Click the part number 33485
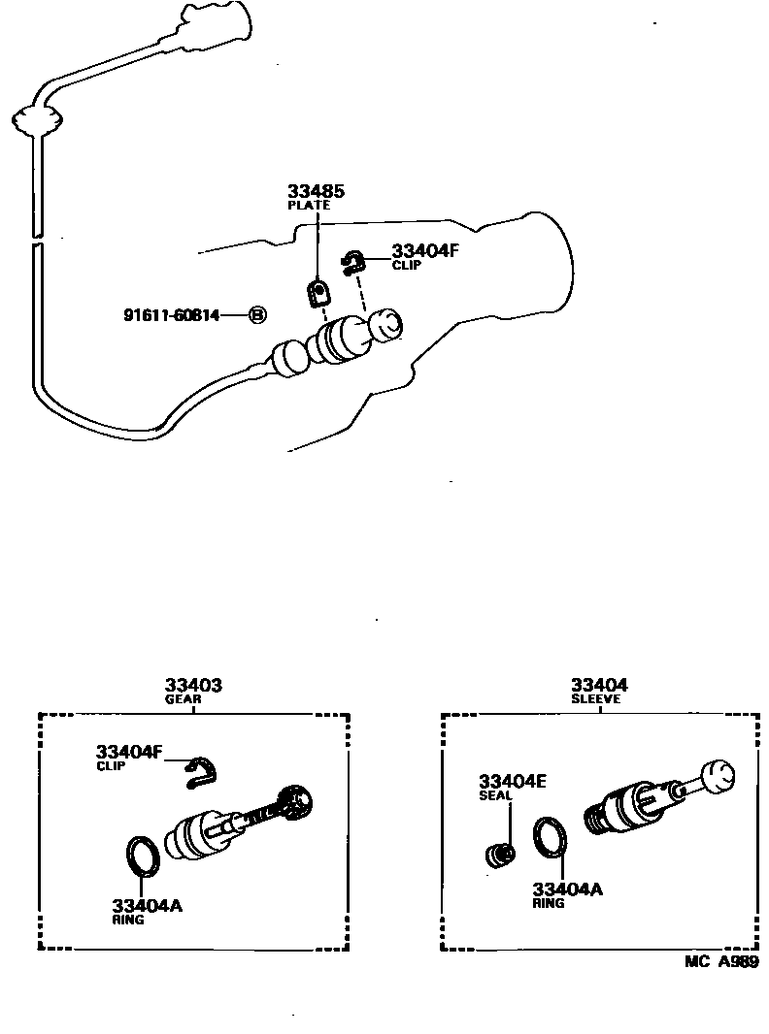[316, 191]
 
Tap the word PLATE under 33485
[308, 206]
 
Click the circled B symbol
[256, 315]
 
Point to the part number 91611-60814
[171, 315]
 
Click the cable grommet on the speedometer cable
[35, 120]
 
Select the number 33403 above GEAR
[193, 685]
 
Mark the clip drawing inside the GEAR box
[201, 769]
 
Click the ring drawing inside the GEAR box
[143, 853]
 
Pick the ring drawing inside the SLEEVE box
[551, 837]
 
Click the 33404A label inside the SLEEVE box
[566, 889]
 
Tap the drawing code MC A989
[720, 960]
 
